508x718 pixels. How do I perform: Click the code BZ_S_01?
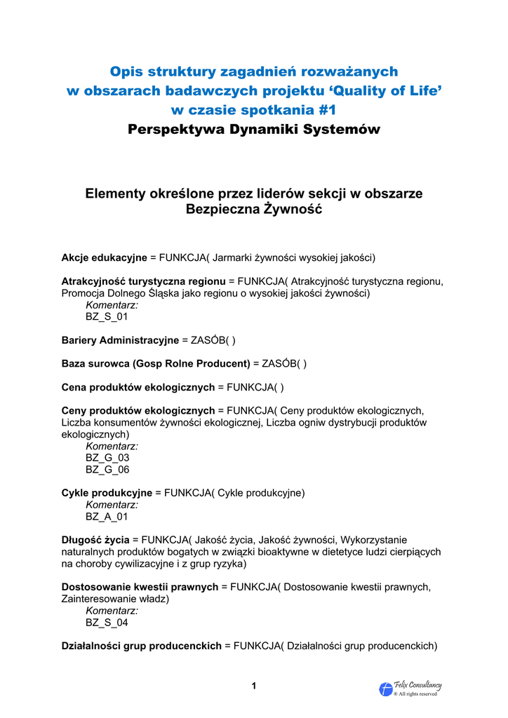(107, 317)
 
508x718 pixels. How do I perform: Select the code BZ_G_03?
(107, 458)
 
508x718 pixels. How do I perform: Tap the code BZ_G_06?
(107, 470)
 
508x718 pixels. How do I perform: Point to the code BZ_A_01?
(107, 517)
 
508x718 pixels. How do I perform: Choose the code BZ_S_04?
(107, 623)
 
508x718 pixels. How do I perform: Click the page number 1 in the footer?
(254, 686)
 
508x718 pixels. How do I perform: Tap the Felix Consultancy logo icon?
(386, 689)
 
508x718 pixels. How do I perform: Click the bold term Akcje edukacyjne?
(104, 257)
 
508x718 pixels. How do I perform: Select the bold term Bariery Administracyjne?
(120, 340)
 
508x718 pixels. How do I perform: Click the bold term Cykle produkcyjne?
(107, 493)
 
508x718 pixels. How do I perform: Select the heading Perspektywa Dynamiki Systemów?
(254, 130)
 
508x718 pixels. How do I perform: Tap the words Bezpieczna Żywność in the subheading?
(254, 209)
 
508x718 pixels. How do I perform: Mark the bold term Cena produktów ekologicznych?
(138, 387)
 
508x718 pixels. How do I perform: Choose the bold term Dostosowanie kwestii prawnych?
(140, 587)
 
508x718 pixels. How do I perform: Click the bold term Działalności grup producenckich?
(142, 646)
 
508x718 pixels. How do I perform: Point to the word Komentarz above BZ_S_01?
(112, 305)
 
